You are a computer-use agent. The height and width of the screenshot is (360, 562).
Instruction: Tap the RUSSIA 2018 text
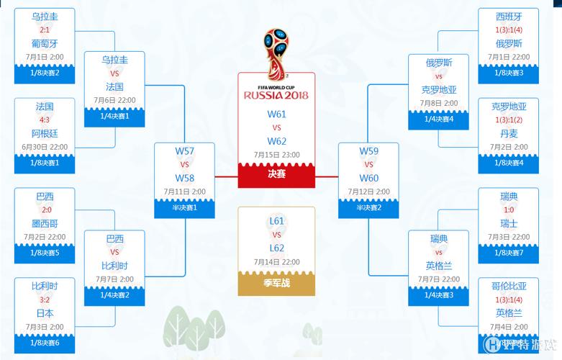(276, 94)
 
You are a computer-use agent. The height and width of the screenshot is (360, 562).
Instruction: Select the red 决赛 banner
(276, 174)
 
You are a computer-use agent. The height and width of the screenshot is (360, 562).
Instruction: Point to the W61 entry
(276, 114)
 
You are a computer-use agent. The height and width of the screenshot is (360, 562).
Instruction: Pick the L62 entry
(276, 248)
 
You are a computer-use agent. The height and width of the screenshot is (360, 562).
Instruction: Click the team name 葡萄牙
(45, 43)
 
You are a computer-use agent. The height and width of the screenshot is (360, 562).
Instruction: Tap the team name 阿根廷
(45, 133)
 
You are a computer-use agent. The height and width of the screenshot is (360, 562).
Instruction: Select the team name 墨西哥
(45, 223)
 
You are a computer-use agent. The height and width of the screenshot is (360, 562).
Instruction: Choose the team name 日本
(45, 313)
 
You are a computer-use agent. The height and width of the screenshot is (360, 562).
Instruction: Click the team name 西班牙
(509, 16)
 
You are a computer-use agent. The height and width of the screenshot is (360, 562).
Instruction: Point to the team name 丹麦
(509, 133)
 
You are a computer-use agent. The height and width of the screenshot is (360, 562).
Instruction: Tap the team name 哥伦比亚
(509, 286)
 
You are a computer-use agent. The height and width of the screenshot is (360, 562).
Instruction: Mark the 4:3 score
(45, 120)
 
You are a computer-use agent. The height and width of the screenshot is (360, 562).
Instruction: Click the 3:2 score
(45, 300)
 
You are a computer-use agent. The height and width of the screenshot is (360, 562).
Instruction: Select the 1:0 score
(509, 210)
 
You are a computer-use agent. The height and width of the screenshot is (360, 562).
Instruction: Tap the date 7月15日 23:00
(276, 155)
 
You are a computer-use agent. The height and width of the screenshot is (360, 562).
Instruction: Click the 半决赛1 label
(184, 207)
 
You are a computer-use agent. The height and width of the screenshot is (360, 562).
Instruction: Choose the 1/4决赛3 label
(439, 294)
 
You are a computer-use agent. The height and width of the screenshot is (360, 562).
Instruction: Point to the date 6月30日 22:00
(45, 147)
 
